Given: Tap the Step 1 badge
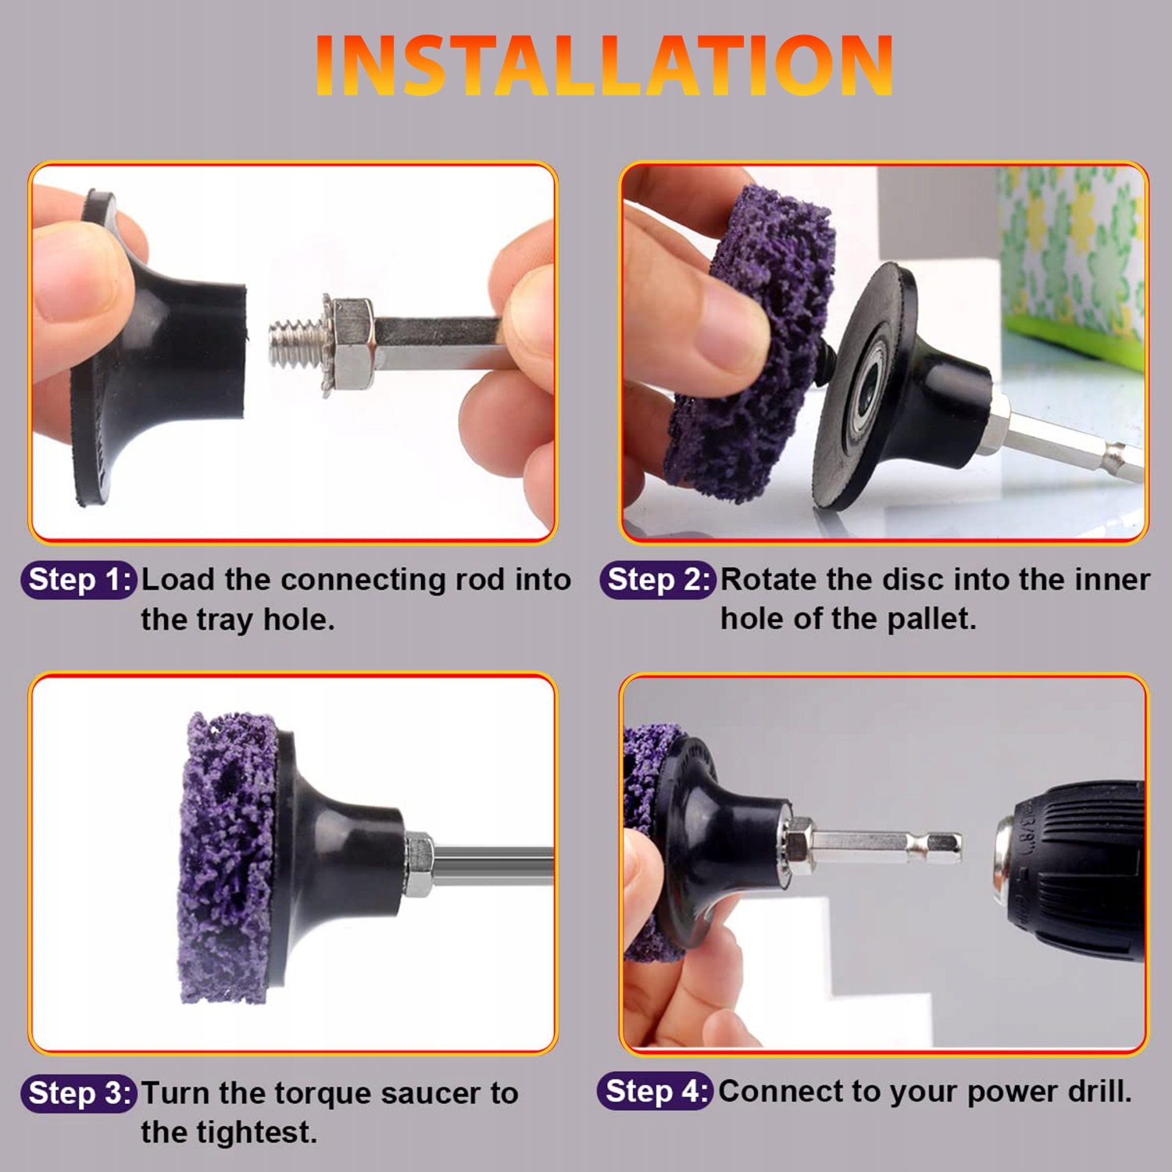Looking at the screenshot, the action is pyautogui.click(x=79, y=581).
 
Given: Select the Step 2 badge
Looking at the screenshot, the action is pyautogui.click(x=658, y=581).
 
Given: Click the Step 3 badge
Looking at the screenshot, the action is pyautogui.click(x=79, y=1093).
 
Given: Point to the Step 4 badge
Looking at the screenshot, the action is pyautogui.click(x=656, y=1091).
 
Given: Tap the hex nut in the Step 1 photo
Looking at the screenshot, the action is pyautogui.click(x=350, y=344).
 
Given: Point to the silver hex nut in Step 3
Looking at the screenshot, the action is pyautogui.click(x=419, y=863).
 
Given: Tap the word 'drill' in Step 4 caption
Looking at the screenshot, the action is pyautogui.click(x=1099, y=1091).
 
